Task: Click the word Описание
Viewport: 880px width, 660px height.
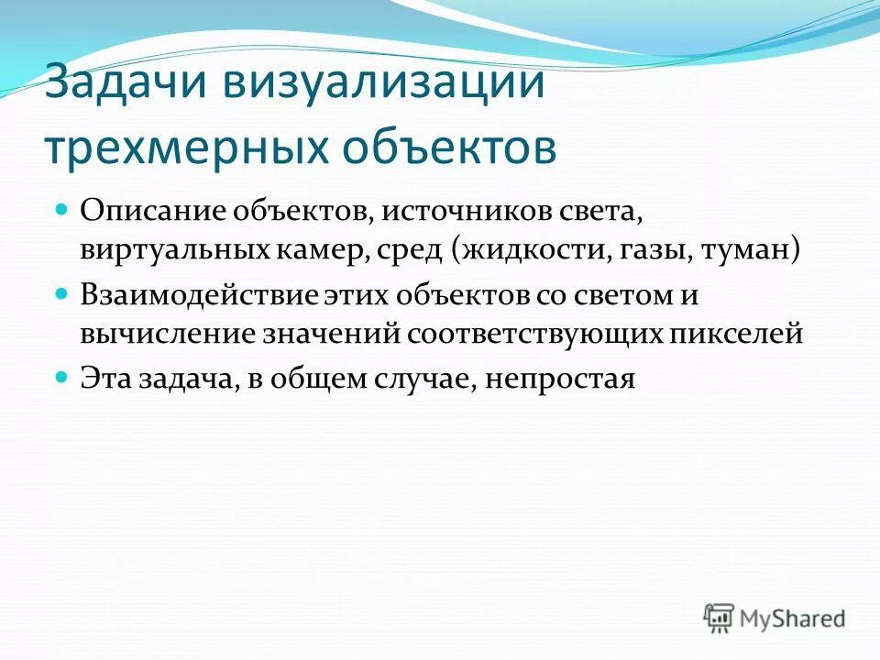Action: pyautogui.click(x=153, y=210)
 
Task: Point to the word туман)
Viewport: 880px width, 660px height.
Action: pyautogui.click(x=752, y=248)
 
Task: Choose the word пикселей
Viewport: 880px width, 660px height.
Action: pyautogui.click(x=732, y=333)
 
